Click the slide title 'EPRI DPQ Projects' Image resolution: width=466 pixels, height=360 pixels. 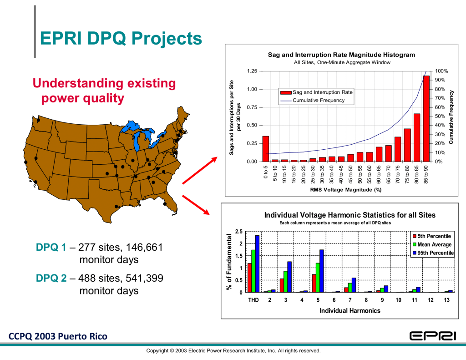(121, 39)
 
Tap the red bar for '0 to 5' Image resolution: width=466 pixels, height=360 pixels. (266, 149)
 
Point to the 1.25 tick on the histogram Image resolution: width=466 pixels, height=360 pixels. (251, 71)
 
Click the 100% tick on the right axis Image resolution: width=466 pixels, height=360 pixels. (442, 71)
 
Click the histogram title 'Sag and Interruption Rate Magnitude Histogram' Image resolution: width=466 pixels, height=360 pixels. (341, 55)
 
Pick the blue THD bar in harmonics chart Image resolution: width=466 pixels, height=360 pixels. (257, 264)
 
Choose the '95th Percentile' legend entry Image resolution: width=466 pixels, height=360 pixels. (434, 253)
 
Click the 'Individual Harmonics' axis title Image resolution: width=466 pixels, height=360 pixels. (349, 311)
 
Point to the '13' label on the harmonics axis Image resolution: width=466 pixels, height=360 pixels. (448, 300)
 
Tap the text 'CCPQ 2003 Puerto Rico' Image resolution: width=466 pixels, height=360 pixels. (58, 337)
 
